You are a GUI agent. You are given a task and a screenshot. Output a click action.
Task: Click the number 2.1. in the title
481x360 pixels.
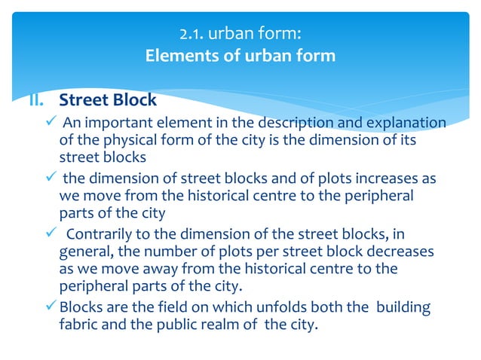pyautogui.click(x=191, y=34)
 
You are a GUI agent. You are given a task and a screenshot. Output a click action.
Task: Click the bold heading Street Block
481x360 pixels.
pyautogui.click(x=108, y=99)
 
